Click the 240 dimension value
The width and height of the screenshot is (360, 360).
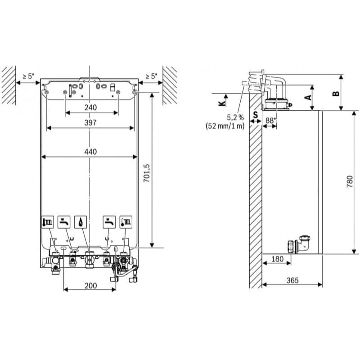point(90,108)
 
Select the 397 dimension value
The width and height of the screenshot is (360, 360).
point(90,122)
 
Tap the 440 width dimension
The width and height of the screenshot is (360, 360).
point(90,152)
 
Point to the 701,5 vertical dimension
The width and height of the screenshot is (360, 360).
point(146,173)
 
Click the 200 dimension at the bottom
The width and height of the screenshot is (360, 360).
point(91,286)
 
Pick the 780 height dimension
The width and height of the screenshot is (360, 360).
point(350,182)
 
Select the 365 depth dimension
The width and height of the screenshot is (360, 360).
point(292,280)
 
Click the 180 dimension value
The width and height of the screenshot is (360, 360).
point(277,259)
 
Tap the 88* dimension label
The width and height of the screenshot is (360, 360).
point(270,120)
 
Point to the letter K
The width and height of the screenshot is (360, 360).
point(222,103)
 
